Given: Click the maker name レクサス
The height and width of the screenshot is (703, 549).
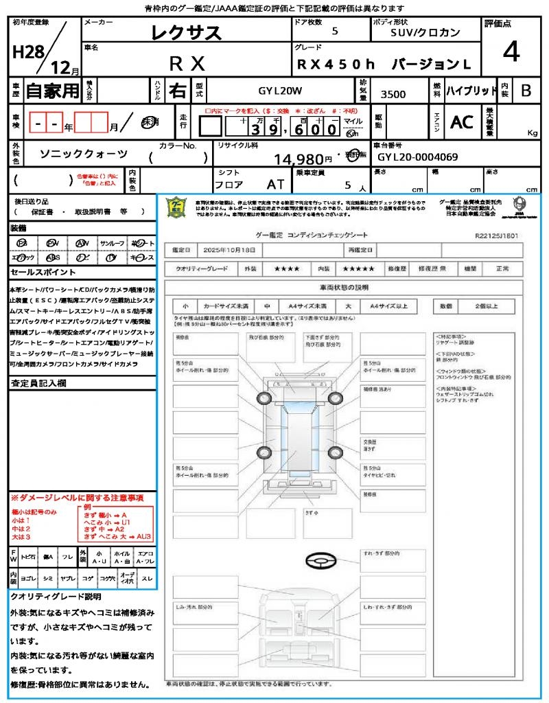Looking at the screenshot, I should coord(187,32).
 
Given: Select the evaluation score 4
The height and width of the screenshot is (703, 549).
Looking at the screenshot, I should coord(510,52).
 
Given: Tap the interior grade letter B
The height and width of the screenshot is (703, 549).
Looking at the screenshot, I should coord(525,91).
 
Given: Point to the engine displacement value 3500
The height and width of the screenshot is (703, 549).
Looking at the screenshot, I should coord(393,95).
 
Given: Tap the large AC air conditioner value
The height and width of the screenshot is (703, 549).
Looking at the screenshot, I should coord(461,122).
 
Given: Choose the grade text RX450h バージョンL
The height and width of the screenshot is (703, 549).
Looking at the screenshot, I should coord(384,65).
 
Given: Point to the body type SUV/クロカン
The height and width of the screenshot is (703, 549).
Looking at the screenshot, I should coord(425,32).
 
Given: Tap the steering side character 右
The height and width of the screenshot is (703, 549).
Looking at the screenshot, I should coord(177,91).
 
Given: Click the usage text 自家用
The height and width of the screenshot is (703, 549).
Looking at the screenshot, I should coord(52,91).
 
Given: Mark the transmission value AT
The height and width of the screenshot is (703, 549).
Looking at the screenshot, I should coord(275,185).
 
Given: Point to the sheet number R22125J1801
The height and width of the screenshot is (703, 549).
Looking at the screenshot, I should coord(496,235).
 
